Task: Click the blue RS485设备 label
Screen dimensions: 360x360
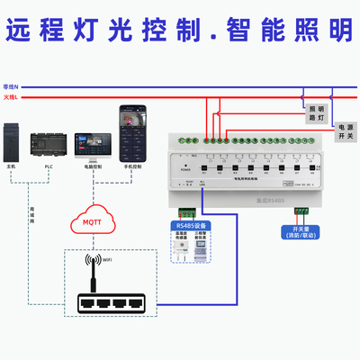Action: (x=190, y=225)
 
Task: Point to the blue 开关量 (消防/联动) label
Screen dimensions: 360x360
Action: (x=302, y=233)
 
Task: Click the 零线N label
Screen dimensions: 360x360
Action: (x=11, y=85)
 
